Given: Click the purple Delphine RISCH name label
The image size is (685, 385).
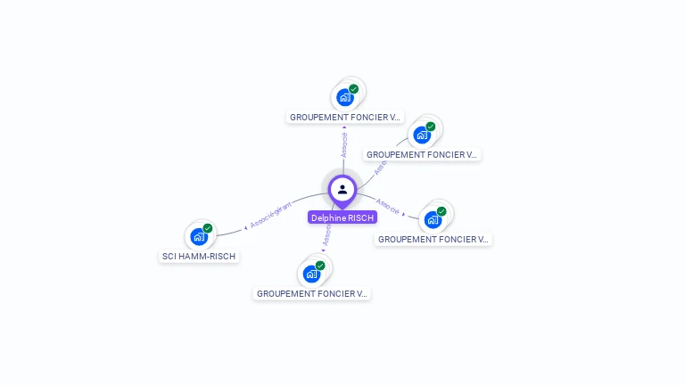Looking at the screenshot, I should [342, 217].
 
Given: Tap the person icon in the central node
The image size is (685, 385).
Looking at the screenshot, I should [342, 189].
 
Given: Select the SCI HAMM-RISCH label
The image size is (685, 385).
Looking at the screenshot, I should [201, 256].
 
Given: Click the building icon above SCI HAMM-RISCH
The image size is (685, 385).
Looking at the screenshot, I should [198, 237].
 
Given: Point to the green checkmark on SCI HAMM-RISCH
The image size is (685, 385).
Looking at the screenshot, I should [208, 228].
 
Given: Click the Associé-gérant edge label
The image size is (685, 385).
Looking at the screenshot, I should [271, 214].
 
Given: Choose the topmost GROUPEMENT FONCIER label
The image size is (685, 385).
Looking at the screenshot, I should [346, 117].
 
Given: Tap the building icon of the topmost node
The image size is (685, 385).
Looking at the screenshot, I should [344, 97].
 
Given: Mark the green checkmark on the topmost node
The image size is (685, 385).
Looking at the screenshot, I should [354, 89].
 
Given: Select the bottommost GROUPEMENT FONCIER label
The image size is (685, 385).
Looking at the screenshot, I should [311, 293].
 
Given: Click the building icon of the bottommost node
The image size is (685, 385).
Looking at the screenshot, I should [310, 274].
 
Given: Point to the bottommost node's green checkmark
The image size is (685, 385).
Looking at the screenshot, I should [320, 266].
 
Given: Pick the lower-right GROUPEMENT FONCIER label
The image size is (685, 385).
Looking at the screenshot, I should [433, 239].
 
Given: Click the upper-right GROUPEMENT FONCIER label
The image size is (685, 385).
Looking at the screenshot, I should [423, 154].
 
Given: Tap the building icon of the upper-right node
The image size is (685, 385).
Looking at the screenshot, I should [421, 135].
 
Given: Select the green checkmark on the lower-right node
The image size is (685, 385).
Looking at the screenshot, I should [442, 211].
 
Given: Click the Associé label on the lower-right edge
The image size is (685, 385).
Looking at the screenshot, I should [388, 205].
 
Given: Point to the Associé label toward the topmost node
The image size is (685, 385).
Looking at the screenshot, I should [344, 144].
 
